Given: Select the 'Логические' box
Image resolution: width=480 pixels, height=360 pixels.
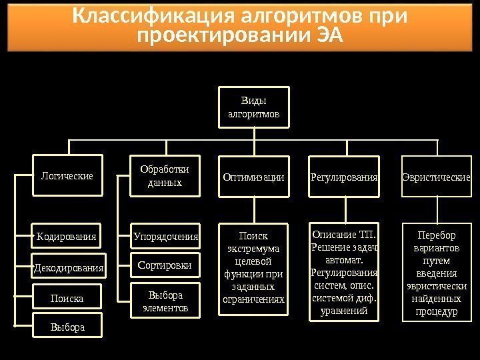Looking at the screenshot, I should pos(67,177).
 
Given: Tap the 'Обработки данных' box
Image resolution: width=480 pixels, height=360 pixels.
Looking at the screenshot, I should pos(165,176).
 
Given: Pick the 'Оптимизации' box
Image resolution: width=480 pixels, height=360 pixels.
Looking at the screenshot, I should pos(253,178).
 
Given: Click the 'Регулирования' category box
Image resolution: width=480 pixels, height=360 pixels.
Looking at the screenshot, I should pos(344,178).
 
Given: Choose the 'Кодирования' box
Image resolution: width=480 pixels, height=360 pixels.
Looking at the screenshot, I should pos(67,237).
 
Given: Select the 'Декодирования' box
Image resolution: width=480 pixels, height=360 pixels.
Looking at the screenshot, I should pos(69,268).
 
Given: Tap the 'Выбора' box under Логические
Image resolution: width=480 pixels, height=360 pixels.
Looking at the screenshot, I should pos(67,327).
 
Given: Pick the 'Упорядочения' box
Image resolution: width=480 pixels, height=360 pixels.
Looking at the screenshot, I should pos(166,236).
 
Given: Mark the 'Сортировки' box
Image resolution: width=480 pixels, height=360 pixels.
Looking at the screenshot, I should pos(165,265).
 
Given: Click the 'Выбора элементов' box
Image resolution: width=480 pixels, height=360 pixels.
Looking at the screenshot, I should pos(165,300).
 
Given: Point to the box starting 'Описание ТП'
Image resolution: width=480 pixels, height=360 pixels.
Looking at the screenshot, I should pos(344,273).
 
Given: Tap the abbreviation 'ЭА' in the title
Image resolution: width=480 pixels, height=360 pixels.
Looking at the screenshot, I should pos(327,35).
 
